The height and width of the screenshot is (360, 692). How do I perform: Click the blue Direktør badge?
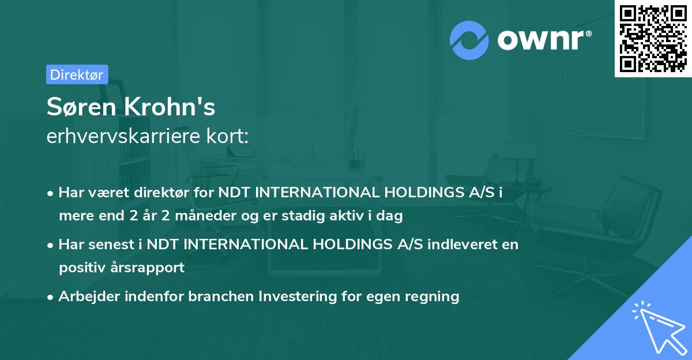pos(77,74)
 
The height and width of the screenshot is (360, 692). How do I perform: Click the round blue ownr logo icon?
pos(469,39)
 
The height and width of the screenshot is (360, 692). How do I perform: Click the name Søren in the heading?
pos(78,107)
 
